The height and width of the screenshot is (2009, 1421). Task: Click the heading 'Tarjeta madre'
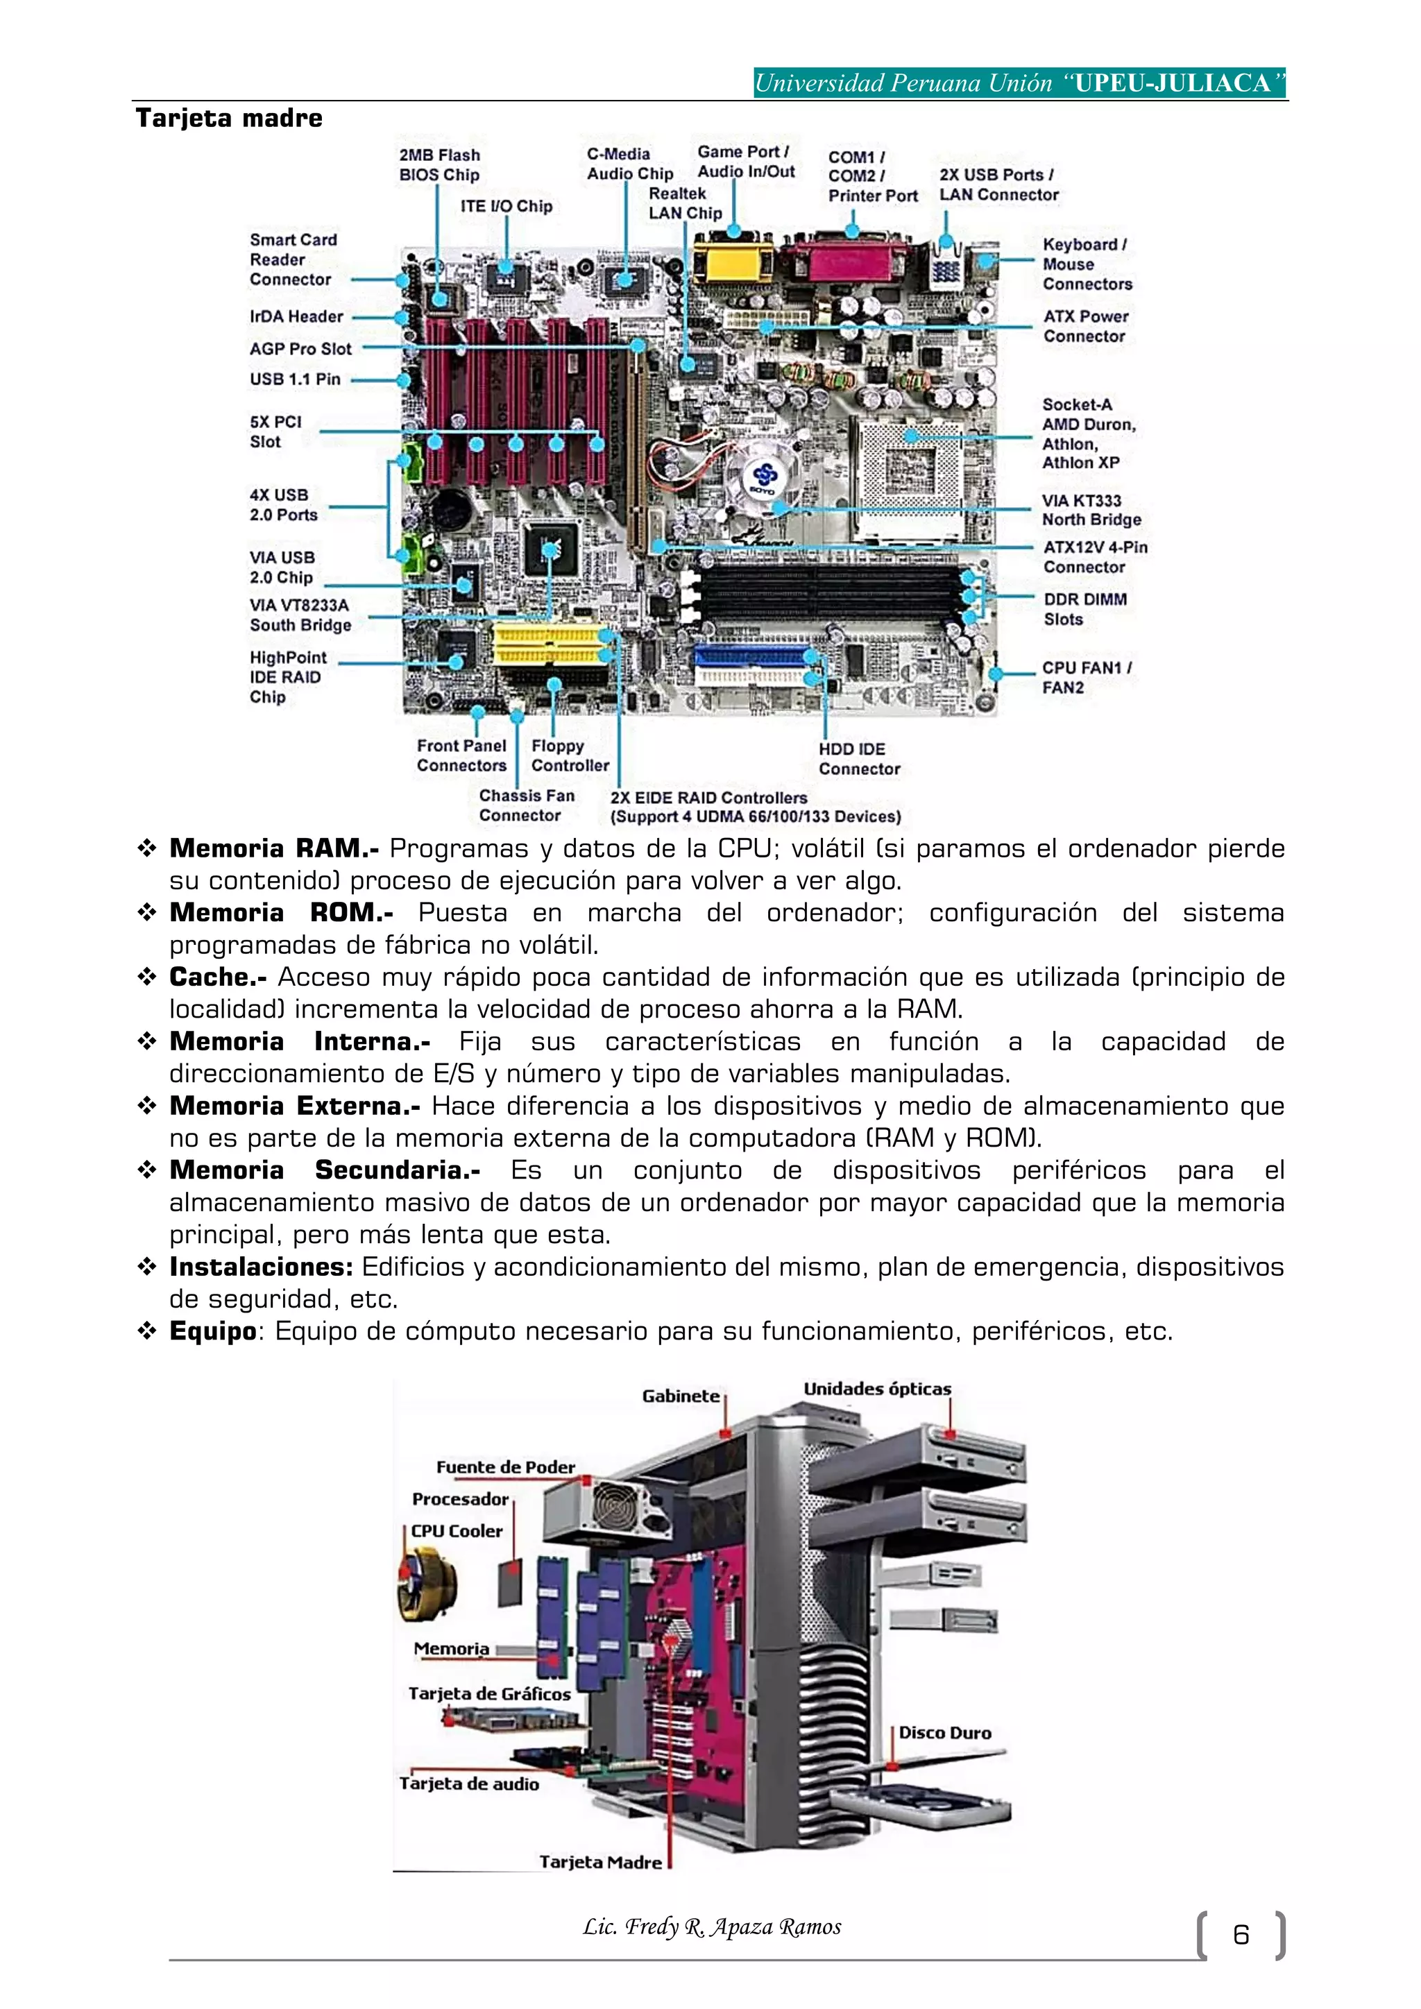tap(229, 118)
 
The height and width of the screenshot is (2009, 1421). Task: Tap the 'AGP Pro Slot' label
tap(300, 348)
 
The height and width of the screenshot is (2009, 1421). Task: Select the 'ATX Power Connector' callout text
tap(1085, 326)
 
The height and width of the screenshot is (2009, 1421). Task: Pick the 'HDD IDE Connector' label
tap(858, 759)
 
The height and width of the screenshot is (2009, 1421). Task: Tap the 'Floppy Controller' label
tap(570, 755)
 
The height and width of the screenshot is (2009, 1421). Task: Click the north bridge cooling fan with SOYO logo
tap(764, 477)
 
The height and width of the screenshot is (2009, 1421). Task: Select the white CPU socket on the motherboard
tap(910, 464)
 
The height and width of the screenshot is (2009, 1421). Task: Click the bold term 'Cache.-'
tap(218, 977)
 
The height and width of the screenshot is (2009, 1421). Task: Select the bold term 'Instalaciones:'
tap(261, 1266)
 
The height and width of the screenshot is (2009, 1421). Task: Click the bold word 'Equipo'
tap(212, 1331)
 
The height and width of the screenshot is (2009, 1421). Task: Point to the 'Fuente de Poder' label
tap(505, 1467)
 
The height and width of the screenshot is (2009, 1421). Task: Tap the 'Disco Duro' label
tap(944, 1732)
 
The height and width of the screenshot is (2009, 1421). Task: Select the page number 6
tap(1240, 1935)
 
